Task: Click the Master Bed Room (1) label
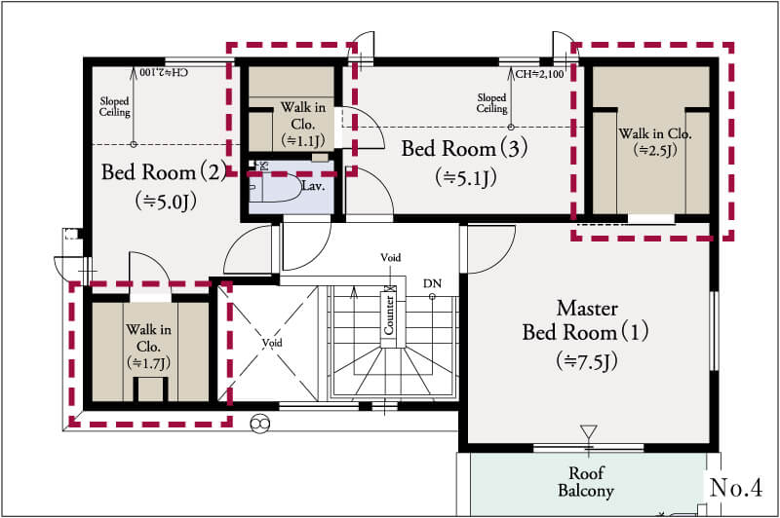point(586,320)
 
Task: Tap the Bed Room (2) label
point(164,171)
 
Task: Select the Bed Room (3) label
point(465,148)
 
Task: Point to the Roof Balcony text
point(586,482)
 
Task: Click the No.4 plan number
point(736,487)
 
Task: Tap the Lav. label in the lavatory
point(313,186)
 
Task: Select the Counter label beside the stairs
point(388,315)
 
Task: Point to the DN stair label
point(432,283)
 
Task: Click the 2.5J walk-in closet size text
point(655,150)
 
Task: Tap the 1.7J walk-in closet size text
point(149,363)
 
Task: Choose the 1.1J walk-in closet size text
point(303,140)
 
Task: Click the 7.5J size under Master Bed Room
point(587,361)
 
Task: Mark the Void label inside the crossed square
point(272,343)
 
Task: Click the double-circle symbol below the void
point(259,424)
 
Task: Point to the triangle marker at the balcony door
point(589,431)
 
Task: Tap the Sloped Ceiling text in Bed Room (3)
point(492,103)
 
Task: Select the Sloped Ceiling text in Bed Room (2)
point(114,107)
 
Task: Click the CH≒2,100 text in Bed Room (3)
point(540,75)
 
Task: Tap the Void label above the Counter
point(391,257)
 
